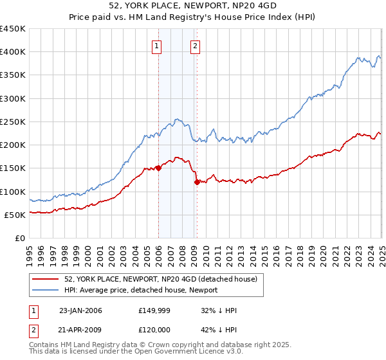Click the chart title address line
(x=192, y=6)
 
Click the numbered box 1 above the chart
(x=158, y=46)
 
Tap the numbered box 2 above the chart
(x=194, y=46)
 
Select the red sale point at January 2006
(x=158, y=168)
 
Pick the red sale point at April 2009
(x=197, y=183)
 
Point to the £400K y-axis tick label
(x=12, y=52)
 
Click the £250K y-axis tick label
(x=12, y=122)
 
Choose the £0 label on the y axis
(x=19, y=238)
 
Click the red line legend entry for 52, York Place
(x=161, y=279)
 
